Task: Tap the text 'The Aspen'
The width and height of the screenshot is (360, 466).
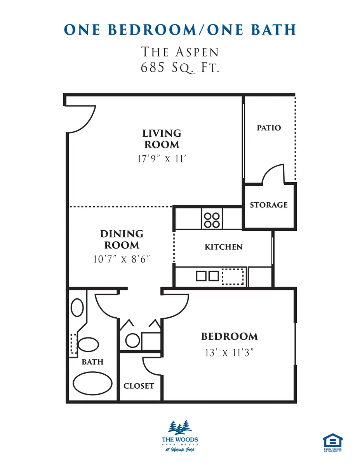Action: coord(180,52)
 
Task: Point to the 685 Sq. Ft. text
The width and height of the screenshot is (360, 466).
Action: coord(180,68)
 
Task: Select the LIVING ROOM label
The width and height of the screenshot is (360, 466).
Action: coord(162,139)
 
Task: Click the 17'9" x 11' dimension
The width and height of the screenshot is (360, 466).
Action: coord(162,159)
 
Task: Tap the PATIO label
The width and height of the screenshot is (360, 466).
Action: coord(269,128)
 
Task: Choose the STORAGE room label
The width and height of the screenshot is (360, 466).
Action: coord(269,205)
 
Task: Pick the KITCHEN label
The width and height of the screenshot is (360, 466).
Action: coord(224,247)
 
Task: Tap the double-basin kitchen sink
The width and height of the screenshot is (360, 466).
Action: coord(207,276)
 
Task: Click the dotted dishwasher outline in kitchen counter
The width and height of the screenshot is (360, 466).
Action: coord(233,276)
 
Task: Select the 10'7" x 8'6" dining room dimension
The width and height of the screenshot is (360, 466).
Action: coord(122,259)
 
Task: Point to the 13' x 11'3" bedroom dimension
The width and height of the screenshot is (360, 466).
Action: coord(229,353)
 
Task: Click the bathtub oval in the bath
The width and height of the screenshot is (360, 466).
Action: coord(93,384)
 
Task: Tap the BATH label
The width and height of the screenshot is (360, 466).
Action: coord(92,362)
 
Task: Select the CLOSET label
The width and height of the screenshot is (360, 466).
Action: coord(139,386)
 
